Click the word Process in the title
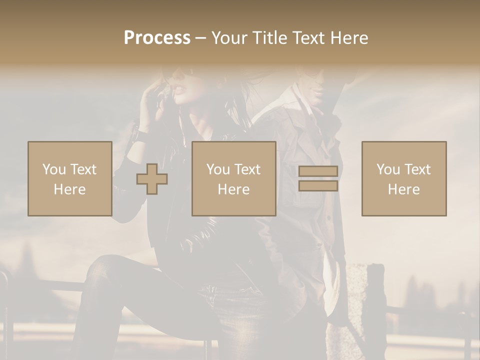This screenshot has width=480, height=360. pyautogui.click(x=157, y=38)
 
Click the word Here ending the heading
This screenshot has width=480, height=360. pyautogui.click(x=350, y=38)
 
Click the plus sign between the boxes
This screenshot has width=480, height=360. pyautogui.click(x=152, y=179)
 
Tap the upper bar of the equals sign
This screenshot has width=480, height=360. pyautogui.click(x=318, y=171)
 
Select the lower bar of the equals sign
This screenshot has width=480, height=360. pyautogui.click(x=318, y=186)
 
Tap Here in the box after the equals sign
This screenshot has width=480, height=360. pyautogui.click(x=403, y=189)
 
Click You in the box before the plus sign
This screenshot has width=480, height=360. pyautogui.click(x=54, y=169)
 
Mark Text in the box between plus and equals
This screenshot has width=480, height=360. pyautogui.click(x=248, y=169)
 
